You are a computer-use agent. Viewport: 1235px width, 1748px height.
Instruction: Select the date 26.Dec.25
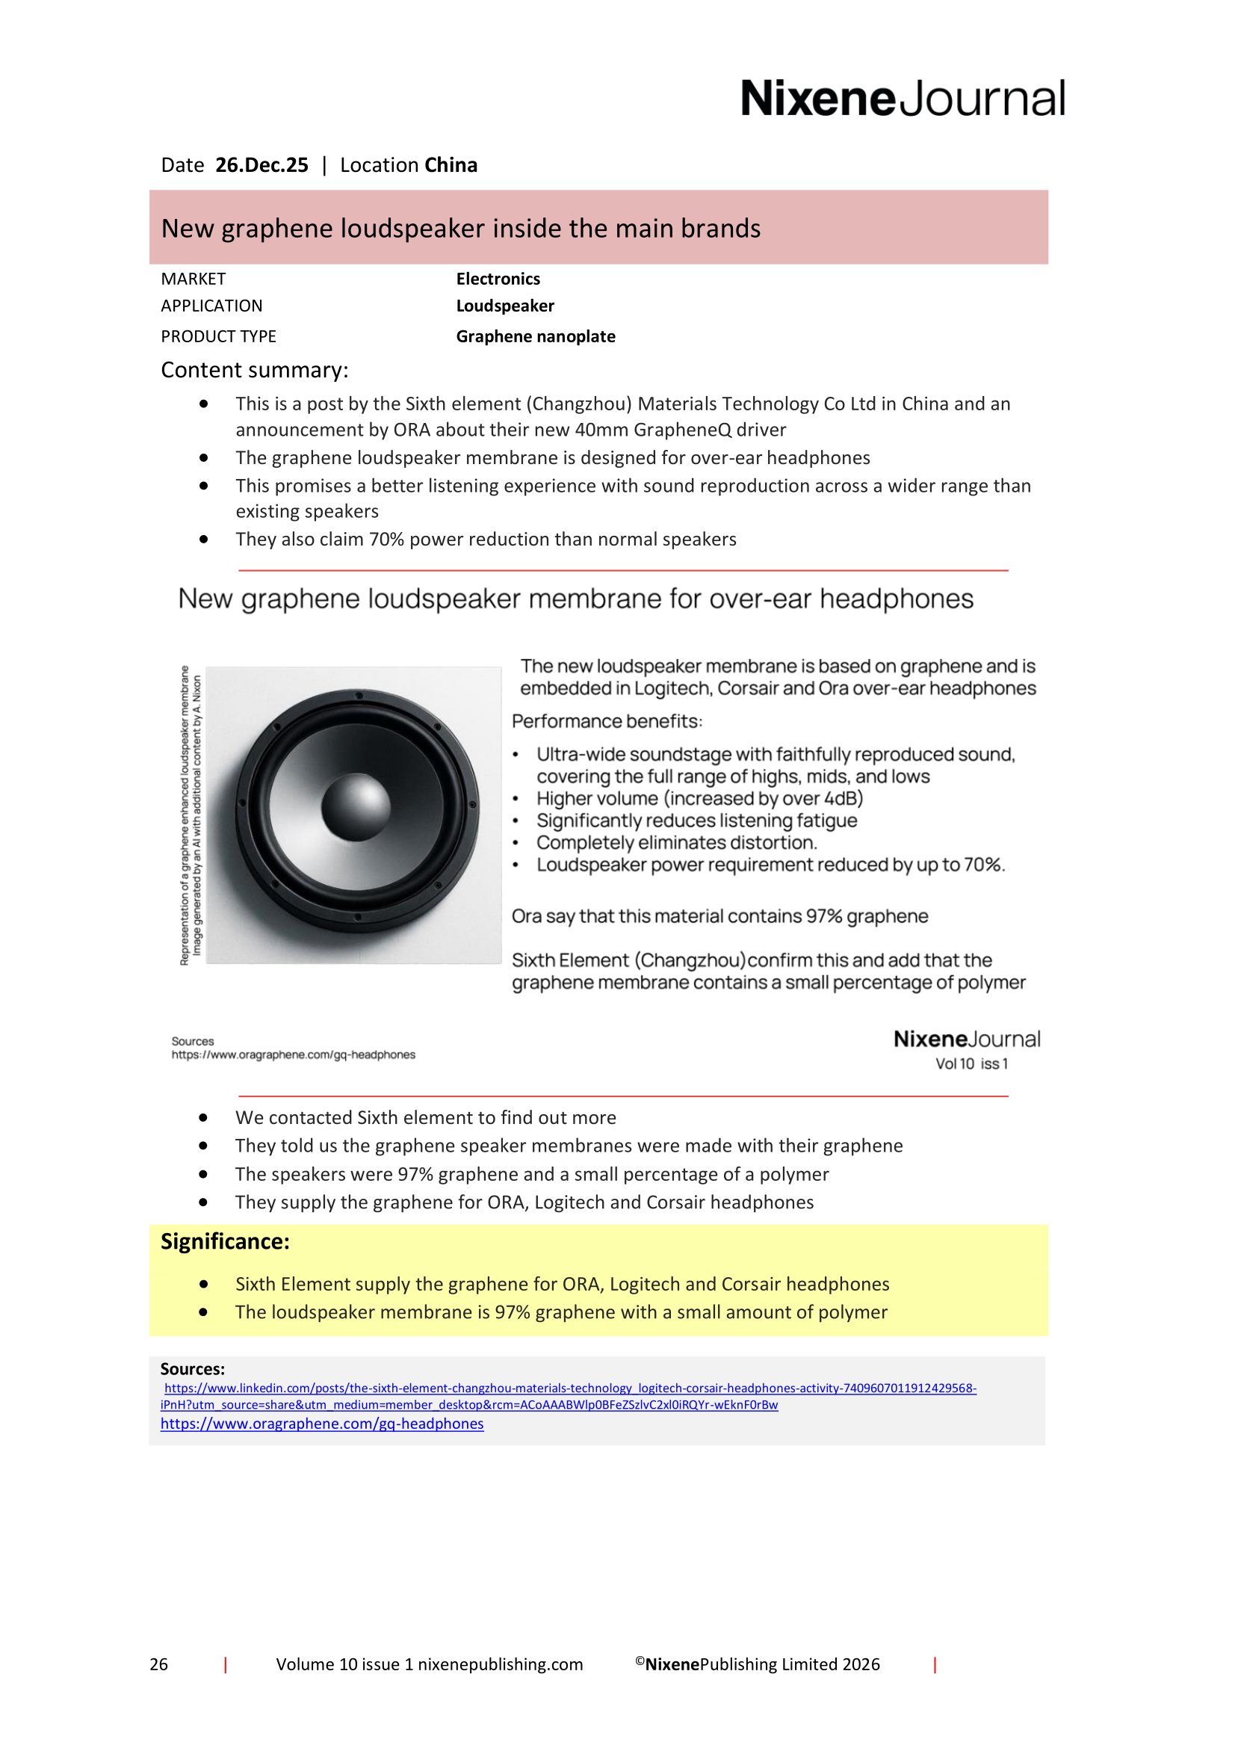261,165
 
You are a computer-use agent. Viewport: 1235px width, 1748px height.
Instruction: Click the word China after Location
451,165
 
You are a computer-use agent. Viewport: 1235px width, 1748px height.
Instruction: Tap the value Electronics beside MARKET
498,279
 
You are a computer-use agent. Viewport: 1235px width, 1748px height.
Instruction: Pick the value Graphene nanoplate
535,336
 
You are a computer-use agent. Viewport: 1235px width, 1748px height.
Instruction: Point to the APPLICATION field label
211,306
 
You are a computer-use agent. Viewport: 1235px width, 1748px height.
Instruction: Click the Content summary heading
254,370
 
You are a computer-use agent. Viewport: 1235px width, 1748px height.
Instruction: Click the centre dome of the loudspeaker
356,806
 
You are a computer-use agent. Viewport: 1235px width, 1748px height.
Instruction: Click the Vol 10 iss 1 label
972,1063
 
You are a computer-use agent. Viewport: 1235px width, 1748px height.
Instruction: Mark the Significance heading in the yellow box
224,1242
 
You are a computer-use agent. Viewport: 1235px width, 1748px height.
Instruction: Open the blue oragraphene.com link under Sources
322,1424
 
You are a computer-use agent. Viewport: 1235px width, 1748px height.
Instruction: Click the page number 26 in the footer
158,1664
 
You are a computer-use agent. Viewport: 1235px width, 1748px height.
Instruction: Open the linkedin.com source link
569,1389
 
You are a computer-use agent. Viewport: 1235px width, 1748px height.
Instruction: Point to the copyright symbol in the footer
640,1661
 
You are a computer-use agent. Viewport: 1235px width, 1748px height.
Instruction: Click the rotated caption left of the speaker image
191,815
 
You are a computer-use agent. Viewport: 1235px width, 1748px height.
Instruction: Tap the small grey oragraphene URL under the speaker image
293,1054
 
